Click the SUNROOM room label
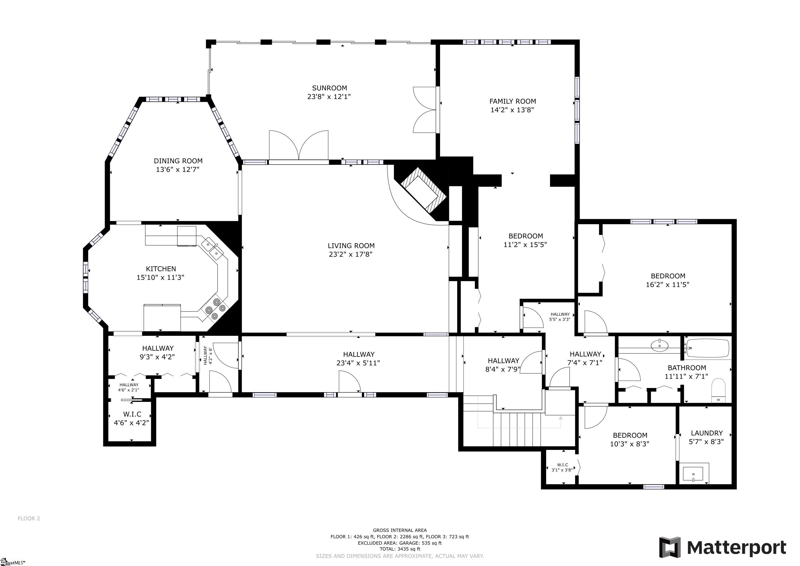[329, 88]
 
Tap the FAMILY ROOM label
[512, 101]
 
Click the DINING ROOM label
[178, 161]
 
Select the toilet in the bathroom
[718, 390]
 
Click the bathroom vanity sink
[660, 346]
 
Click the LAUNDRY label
[707, 433]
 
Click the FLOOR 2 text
[29, 518]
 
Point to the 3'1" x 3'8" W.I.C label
[562, 467]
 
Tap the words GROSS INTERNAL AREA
[400, 530]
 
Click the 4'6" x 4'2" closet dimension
[131, 423]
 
